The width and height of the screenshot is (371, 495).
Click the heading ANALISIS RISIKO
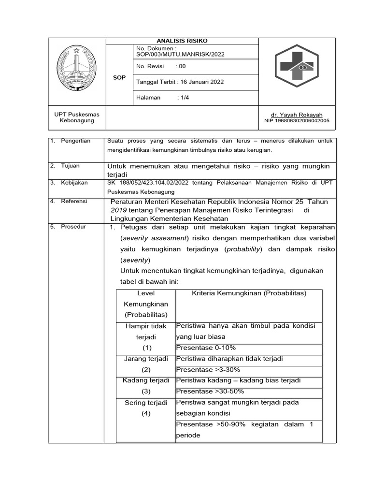pyautogui.click(x=182, y=41)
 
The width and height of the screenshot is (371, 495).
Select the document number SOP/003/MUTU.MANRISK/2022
pyautogui.click(x=181, y=55)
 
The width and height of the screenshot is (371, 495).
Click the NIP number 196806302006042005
pyautogui.click(x=297, y=121)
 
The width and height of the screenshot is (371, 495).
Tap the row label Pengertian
pyautogui.click(x=76, y=141)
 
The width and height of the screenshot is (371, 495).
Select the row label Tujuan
pyautogui.click(x=71, y=166)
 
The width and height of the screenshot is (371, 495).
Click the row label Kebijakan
pyautogui.click(x=74, y=183)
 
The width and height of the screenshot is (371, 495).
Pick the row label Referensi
pyautogui.click(x=74, y=201)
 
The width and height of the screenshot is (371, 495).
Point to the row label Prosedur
pyautogui.click(x=73, y=227)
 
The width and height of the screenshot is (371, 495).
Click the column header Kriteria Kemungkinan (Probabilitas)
pyautogui.click(x=249, y=293)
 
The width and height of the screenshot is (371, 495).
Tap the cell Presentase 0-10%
pyautogui.click(x=206, y=348)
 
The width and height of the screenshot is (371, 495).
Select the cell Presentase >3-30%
pyautogui.click(x=208, y=370)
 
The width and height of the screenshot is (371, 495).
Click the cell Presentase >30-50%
pyautogui.click(x=210, y=391)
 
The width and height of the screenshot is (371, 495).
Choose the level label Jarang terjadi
pyautogui.click(x=146, y=359)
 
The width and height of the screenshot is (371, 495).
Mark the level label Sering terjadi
pyautogui.click(x=146, y=403)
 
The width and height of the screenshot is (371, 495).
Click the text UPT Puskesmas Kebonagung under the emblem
pyautogui.click(x=76, y=117)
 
